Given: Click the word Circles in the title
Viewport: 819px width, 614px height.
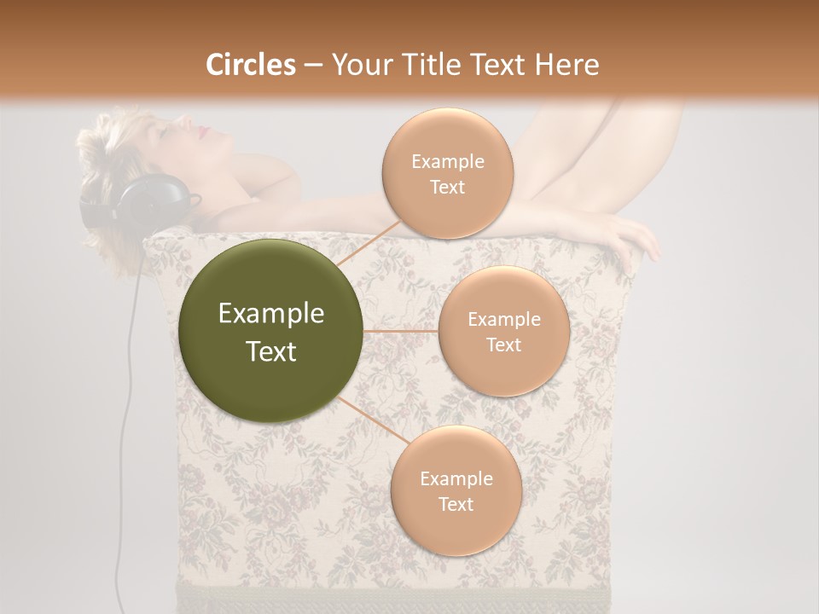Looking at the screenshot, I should (x=251, y=65).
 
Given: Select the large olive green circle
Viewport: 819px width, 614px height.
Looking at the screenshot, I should (x=271, y=331).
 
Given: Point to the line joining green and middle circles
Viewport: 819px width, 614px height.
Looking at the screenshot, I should (x=401, y=331).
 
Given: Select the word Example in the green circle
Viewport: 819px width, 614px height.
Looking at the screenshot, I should (x=271, y=314).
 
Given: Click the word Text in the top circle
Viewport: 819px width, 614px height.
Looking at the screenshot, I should (x=447, y=187).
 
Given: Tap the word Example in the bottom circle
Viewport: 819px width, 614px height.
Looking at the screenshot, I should (x=456, y=479).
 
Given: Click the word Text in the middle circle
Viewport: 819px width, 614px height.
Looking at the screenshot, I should (x=503, y=345).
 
